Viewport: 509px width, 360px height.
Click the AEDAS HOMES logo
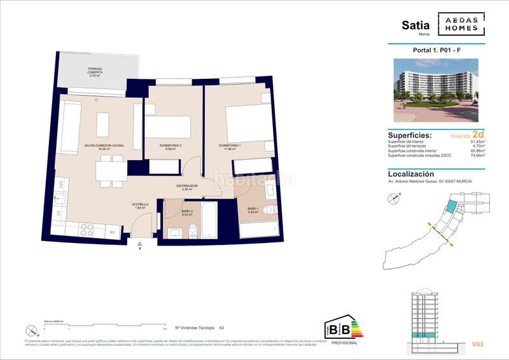tap(461, 25)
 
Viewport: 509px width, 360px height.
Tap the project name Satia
tap(415, 25)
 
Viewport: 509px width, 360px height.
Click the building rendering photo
tap(436, 90)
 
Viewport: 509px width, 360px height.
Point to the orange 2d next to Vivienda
tap(478, 135)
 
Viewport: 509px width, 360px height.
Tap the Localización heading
tap(411, 174)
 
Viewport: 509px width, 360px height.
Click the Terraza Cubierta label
tap(95, 72)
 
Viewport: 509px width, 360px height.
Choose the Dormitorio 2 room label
tap(170, 146)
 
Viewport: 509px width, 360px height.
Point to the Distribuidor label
tap(187, 186)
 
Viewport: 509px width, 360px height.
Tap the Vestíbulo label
tap(140, 205)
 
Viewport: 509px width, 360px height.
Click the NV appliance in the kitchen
tap(112, 232)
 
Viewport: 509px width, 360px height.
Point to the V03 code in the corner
tap(477, 344)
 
